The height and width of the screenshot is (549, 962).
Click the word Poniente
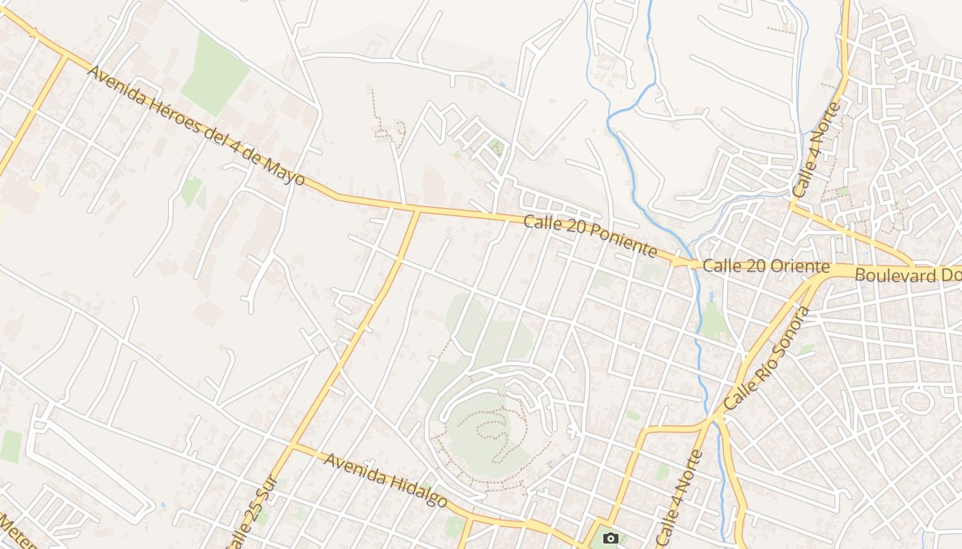point(622,240)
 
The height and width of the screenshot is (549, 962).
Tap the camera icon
point(609,538)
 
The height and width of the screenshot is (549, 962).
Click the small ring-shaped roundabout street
point(917,400)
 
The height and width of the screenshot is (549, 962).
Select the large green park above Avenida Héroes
point(214,73)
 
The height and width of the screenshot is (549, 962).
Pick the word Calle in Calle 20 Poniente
point(539,223)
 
